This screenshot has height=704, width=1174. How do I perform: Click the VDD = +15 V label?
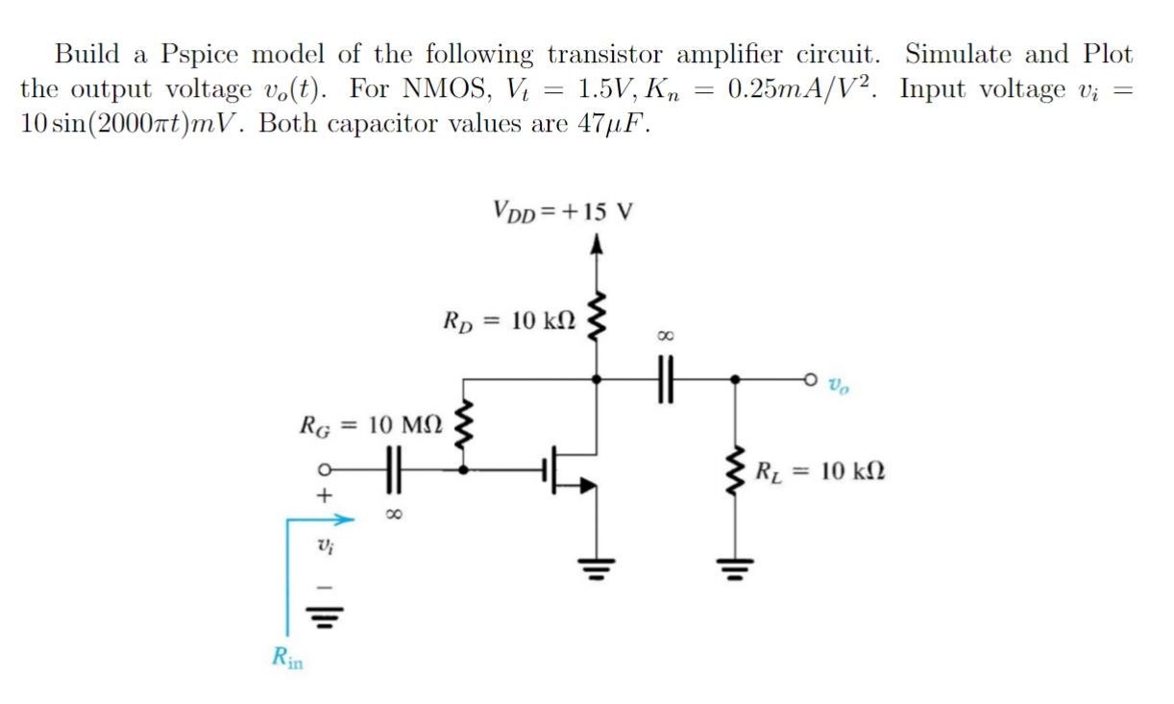pos(561,210)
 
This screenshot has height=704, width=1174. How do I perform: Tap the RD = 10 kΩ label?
pos(508,320)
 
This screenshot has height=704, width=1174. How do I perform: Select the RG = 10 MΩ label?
pos(370,423)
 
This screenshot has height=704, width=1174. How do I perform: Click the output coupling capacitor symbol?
pos(666,379)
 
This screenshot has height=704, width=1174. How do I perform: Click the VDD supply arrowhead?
pos(599,245)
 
